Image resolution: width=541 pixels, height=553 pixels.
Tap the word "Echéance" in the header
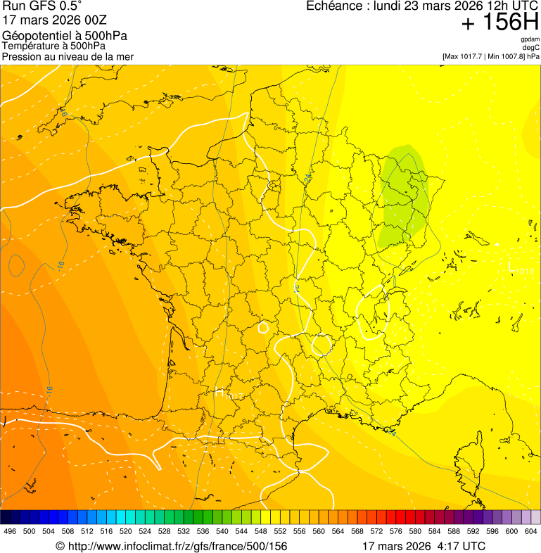[x=332, y=6]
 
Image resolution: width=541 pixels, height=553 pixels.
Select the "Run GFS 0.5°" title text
[x=42, y=7]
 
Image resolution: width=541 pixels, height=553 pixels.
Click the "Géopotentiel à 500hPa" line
[x=65, y=36]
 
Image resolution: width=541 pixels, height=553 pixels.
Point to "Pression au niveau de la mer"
[x=68, y=56]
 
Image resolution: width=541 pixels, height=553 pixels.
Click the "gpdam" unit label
[x=530, y=39]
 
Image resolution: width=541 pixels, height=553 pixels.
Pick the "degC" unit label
[x=531, y=47]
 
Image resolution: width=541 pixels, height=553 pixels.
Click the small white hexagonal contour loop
[x=264, y=326]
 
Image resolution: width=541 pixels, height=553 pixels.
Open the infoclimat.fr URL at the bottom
[x=172, y=546]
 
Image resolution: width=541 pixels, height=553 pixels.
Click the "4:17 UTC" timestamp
[x=462, y=546]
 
